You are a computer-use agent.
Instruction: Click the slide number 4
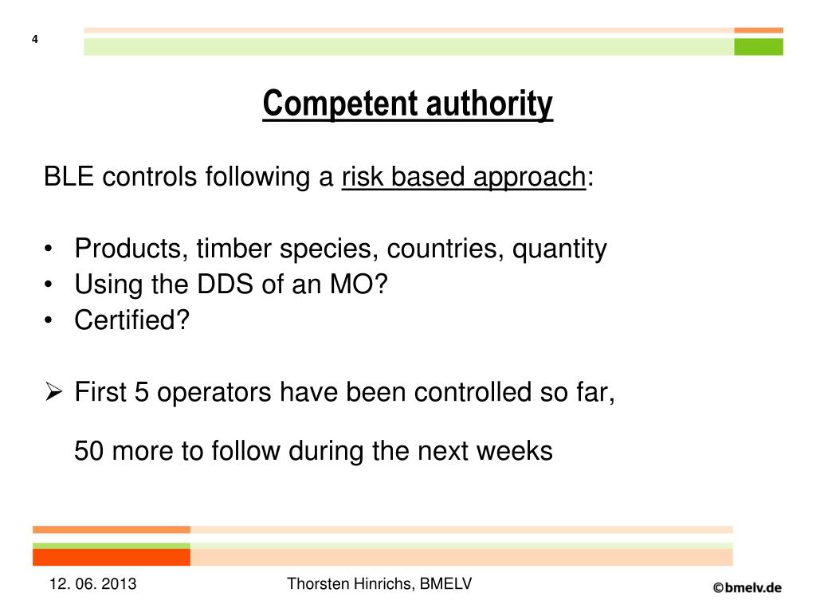(x=35, y=41)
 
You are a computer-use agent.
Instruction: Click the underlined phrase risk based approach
(x=464, y=177)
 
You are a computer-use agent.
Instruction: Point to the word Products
(x=128, y=249)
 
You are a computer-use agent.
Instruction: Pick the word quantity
(x=559, y=250)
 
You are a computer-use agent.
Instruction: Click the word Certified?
(x=132, y=320)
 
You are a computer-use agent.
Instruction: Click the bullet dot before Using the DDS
(x=50, y=285)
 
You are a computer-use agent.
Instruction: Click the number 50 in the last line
(x=90, y=451)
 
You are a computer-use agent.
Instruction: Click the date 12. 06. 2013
(x=92, y=585)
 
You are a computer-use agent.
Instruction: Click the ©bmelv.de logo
(x=747, y=587)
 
